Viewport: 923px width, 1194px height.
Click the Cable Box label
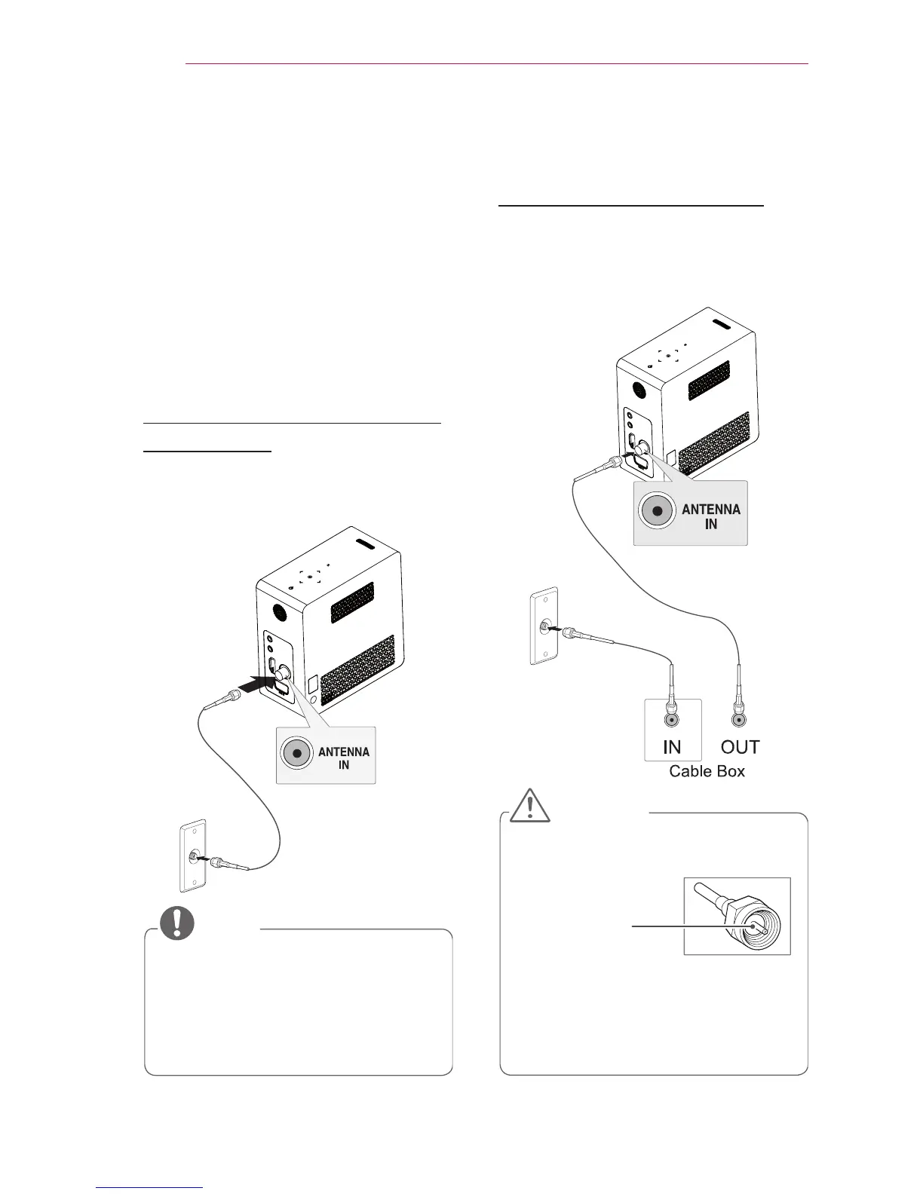point(707,771)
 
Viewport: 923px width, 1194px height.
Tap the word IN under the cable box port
point(672,747)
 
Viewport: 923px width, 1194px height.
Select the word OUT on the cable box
point(740,747)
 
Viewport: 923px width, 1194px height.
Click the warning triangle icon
point(529,806)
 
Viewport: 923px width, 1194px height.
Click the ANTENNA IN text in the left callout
point(344,758)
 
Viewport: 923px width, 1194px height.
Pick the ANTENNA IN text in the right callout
point(710,516)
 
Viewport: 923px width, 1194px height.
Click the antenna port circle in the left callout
point(298,754)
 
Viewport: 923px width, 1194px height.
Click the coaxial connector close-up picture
point(737,916)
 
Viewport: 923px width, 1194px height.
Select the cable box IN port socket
point(672,719)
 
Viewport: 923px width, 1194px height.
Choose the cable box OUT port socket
point(740,719)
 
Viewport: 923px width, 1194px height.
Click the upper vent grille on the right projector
point(708,381)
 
